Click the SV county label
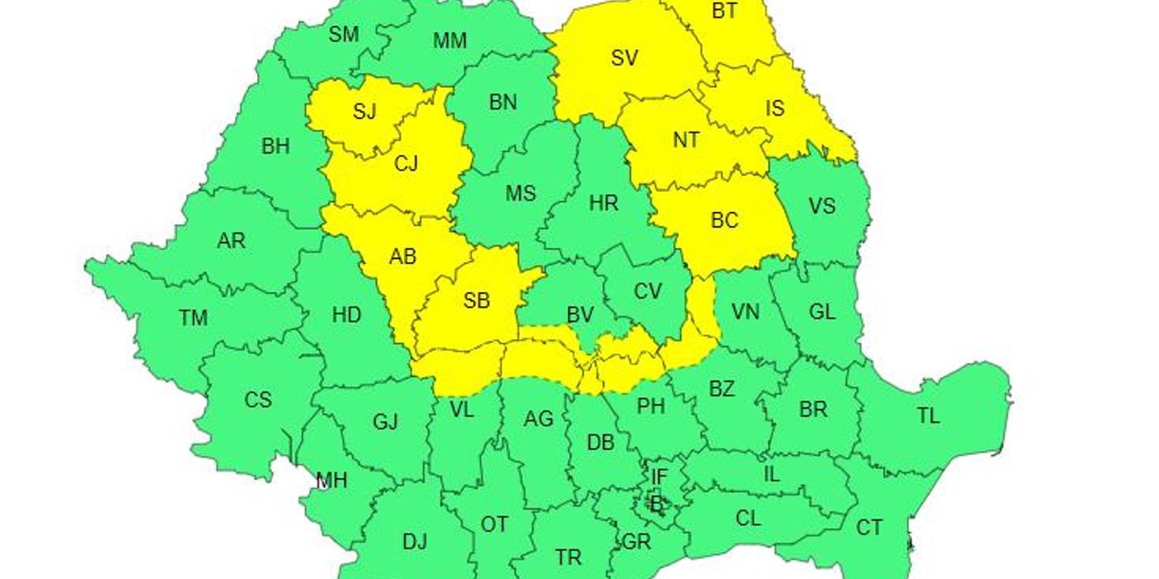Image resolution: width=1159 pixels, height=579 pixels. pyautogui.click(x=624, y=58)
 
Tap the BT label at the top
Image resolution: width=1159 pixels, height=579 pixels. pyautogui.click(x=724, y=12)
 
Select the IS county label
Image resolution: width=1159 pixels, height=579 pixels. pyautogui.click(x=774, y=108)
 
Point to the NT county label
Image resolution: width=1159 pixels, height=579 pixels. pyautogui.click(x=685, y=141)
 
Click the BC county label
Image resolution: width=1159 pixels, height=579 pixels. pyautogui.click(x=724, y=221)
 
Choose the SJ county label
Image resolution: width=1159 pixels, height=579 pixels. pyautogui.click(x=364, y=112)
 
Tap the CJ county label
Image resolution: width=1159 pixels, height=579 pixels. pyautogui.click(x=406, y=164)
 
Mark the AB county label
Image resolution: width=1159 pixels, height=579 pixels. pyautogui.click(x=402, y=257)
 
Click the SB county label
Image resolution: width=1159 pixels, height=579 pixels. pyautogui.click(x=476, y=301)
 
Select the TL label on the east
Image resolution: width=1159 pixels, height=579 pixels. pyautogui.click(x=928, y=416)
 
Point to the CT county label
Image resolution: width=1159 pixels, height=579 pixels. pyautogui.click(x=869, y=527)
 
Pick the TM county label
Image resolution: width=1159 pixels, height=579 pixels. pyautogui.click(x=193, y=318)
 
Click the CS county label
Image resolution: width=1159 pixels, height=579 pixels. pyautogui.click(x=257, y=400)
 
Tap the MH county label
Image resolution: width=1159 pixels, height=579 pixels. pyautogui.click(x=332, y=481)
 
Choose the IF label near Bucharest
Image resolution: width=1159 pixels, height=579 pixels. pyautogui.click(x=659, y=476)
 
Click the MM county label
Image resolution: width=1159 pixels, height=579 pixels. pyautogui.click(x=450, y=41)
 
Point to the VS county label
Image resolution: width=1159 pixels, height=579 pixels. pyautogui.click(x=821, y=206)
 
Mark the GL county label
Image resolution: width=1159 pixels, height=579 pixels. pyautogui.click(x=822, y=312)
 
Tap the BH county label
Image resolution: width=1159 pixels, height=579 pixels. pyautogui.click(x=276, y=147)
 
